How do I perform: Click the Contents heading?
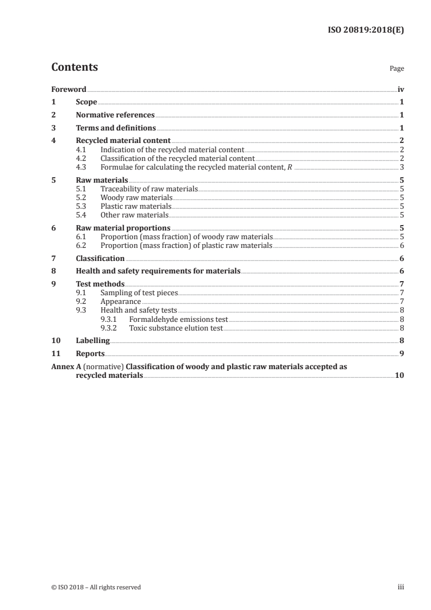click(x=74, y=67)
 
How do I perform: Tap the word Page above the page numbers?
click(x=397, y=69)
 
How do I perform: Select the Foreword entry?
click(x=68, y=89)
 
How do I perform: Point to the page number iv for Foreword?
click(x=401, y=89)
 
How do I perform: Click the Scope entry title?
click(x=86, y=102)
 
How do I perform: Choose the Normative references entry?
click(x=115, y=115)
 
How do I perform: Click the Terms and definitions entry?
click(x=116, y=128)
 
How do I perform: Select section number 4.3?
click(x=82, y=167)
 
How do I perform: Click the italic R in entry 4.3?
click(x=289, y=167)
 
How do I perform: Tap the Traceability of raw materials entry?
click(x=148, y=189)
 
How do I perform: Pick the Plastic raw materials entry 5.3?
click(x=135, y=207)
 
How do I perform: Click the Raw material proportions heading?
click(x=123, y=228)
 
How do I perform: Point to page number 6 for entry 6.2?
click(x=401, y=246)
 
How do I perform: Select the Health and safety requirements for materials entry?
click(x=158, y=271)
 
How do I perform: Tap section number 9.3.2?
click(x=110, y=328)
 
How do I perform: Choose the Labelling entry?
click(x=93, y=341)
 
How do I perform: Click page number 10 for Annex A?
click(x=399, y=376)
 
